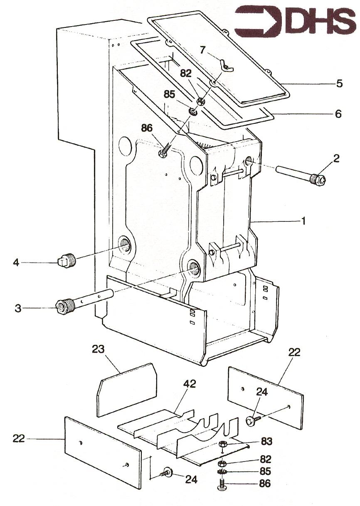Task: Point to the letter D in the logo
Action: [x=293, y=20]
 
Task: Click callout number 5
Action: [x=340, y=84]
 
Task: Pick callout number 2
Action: [x=336, y=158]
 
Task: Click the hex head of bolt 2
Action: [x=321, y=179]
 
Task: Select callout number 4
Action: [x=16, y=263]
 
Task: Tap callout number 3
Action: [x=18, y=308]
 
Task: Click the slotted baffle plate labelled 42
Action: [x=179, y=436]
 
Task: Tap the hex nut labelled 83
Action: [x=222, y=444]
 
